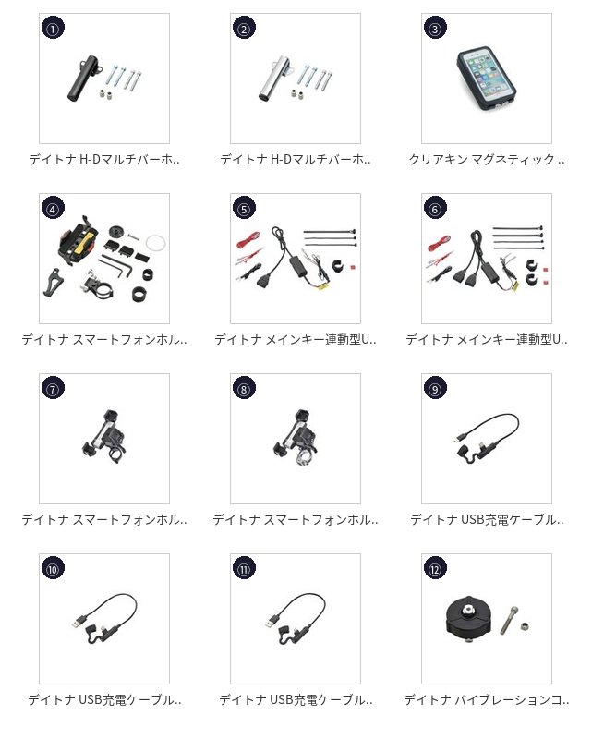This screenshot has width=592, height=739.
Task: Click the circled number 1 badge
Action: pos(53,29)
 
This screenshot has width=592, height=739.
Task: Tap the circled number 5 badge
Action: pos(244,209)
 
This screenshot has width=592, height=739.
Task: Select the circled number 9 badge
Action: pos(435,389)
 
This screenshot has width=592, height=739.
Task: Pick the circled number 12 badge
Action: pos(435,569)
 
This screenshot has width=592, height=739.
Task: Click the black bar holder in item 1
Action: pos(83,79)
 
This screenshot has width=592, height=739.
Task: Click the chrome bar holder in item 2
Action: pos(274,79)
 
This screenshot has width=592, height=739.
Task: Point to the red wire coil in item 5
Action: pos(248,239)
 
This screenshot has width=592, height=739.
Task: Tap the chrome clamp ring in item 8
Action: pos(302,457)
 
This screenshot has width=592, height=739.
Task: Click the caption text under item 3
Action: pos(487,160)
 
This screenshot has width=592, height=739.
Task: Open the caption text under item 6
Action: pos(487,339)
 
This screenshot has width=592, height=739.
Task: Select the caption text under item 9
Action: pos(487,519)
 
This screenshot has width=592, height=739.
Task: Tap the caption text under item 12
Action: pos(487,700)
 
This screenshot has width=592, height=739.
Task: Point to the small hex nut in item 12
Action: pos(526,626)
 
